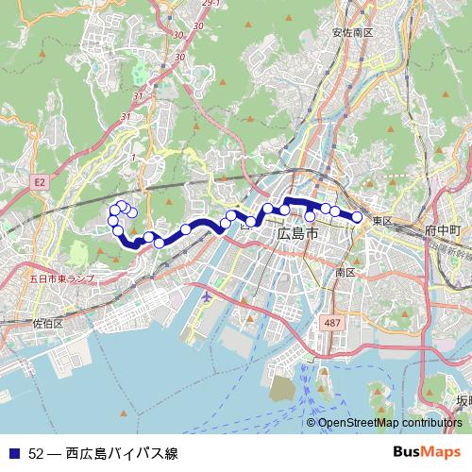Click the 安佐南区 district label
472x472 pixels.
click(353, 32)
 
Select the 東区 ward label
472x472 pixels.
click(381, 220)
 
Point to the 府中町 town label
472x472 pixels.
click(442, 230)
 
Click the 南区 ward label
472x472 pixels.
click(345, 272)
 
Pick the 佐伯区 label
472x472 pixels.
click(46, 323)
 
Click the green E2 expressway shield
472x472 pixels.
click(40, 180)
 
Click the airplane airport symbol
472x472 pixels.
click(208, 296)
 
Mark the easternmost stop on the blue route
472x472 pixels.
click(358, 217)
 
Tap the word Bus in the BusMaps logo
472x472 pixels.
click(407, 451)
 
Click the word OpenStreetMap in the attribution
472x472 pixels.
click(359, 423)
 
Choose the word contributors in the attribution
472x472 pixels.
click(430, 423)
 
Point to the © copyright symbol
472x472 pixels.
click(312, 423)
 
